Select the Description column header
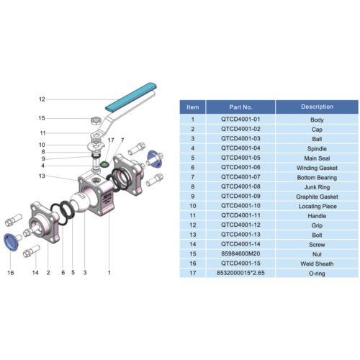318,107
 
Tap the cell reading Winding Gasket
318,167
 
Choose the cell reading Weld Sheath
318,264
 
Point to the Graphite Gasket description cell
318,196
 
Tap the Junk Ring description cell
318,186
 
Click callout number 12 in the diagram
42,99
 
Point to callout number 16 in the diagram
11,273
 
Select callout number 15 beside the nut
42,118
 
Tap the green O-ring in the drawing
105,164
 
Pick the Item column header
192,107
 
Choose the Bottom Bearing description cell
318,176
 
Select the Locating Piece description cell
318,205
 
